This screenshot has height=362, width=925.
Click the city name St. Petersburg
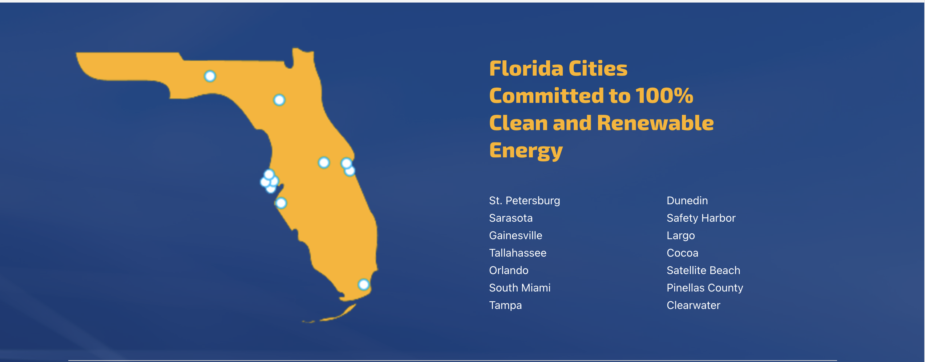(524, 201)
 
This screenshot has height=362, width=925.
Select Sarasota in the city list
(511, 218)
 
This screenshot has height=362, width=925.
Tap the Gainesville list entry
(516, 236)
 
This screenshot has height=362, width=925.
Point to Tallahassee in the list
(518, 253)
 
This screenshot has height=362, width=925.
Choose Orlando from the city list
(509, 270)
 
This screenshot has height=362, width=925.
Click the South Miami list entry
(520, 288)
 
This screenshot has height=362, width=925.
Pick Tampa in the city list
(505, 306)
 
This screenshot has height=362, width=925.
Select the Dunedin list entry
(687, 201)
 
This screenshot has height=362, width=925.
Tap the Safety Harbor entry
(701, 218)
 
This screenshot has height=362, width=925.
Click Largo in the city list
(680, 236)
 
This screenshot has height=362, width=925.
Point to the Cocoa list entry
(682, 253)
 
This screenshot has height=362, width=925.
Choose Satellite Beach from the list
(703, 270)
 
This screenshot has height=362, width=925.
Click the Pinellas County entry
(705, 288)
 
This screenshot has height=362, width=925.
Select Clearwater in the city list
(693, 305)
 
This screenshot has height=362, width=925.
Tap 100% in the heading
(665, 96)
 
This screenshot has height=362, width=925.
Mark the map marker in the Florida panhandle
(210, 76)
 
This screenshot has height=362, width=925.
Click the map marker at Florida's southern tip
(364, 285)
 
